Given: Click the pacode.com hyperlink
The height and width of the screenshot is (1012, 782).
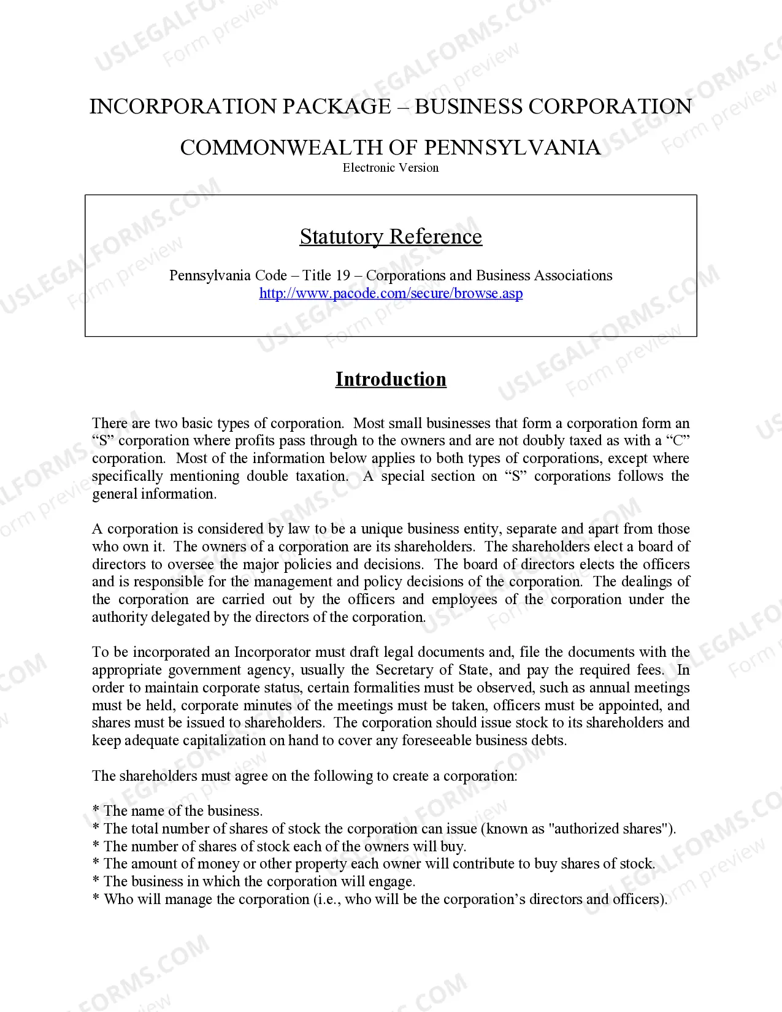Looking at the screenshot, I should (x=391, y=293).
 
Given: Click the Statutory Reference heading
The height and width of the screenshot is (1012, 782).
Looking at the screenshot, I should (x=391, y=237).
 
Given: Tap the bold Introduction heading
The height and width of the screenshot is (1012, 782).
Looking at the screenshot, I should (x=391, y=379).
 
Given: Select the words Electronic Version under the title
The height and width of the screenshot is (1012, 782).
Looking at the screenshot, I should (x=391, y=167).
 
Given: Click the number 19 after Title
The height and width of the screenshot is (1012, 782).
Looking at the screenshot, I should (x=342, y=275).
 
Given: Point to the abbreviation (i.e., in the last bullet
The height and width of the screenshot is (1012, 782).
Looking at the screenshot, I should (x=328, y=899).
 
